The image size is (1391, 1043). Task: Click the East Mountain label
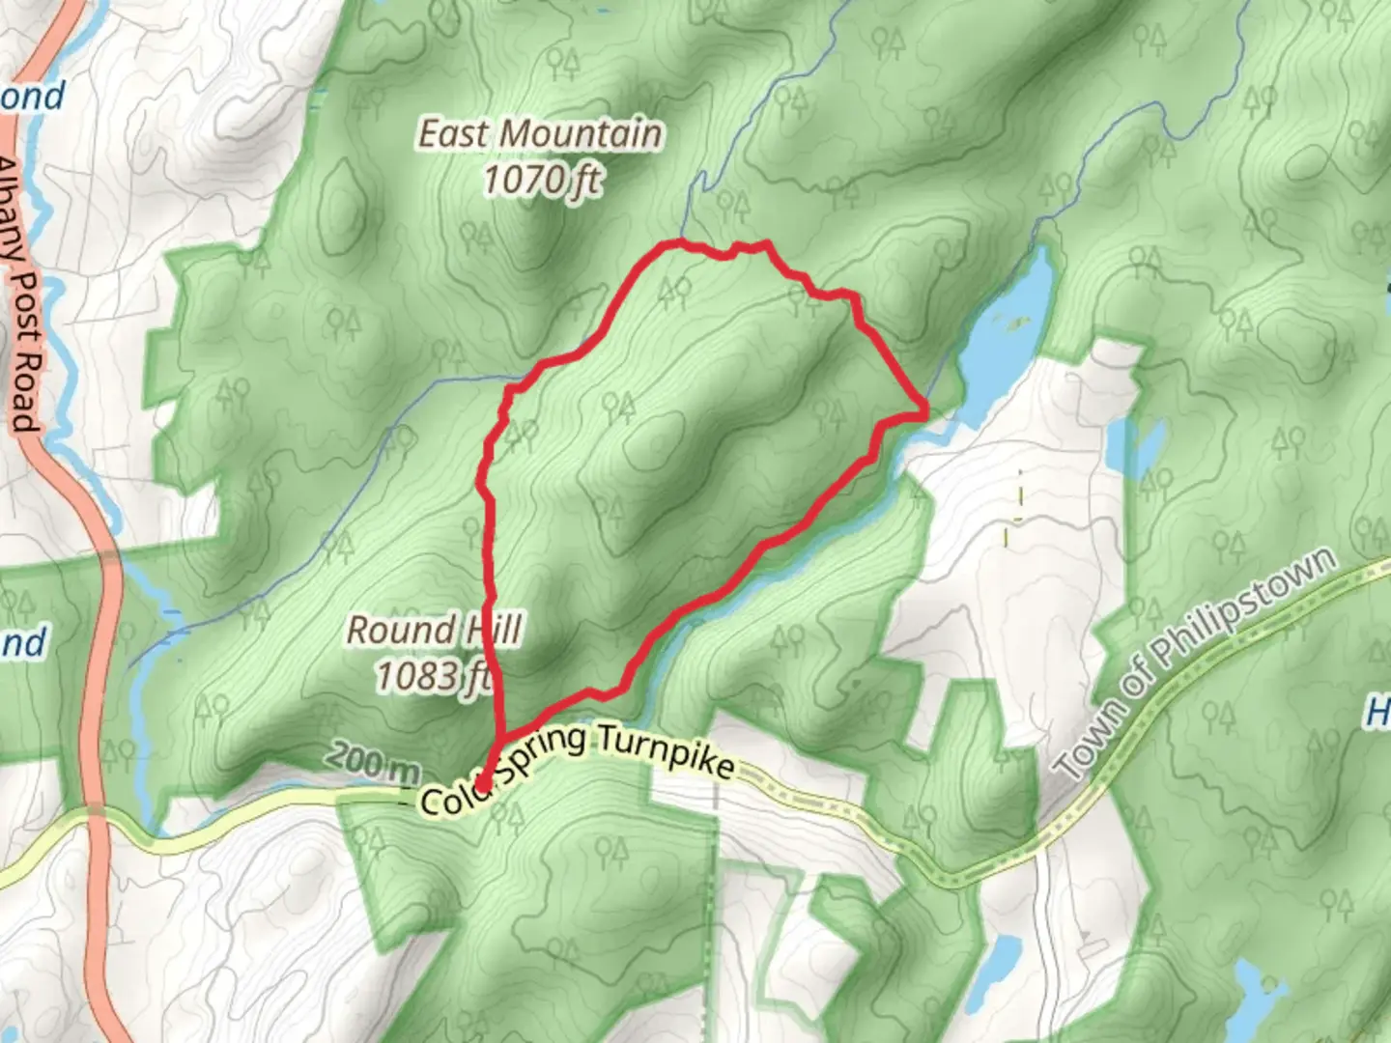coord(540,134)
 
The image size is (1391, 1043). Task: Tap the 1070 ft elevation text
coord(542,180)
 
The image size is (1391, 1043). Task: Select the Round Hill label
coord(434,631)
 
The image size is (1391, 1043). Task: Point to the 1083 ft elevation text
coord(434,676)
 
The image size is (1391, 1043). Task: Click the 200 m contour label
coord(372,762)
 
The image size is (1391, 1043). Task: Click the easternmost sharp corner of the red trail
coord(926,412)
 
